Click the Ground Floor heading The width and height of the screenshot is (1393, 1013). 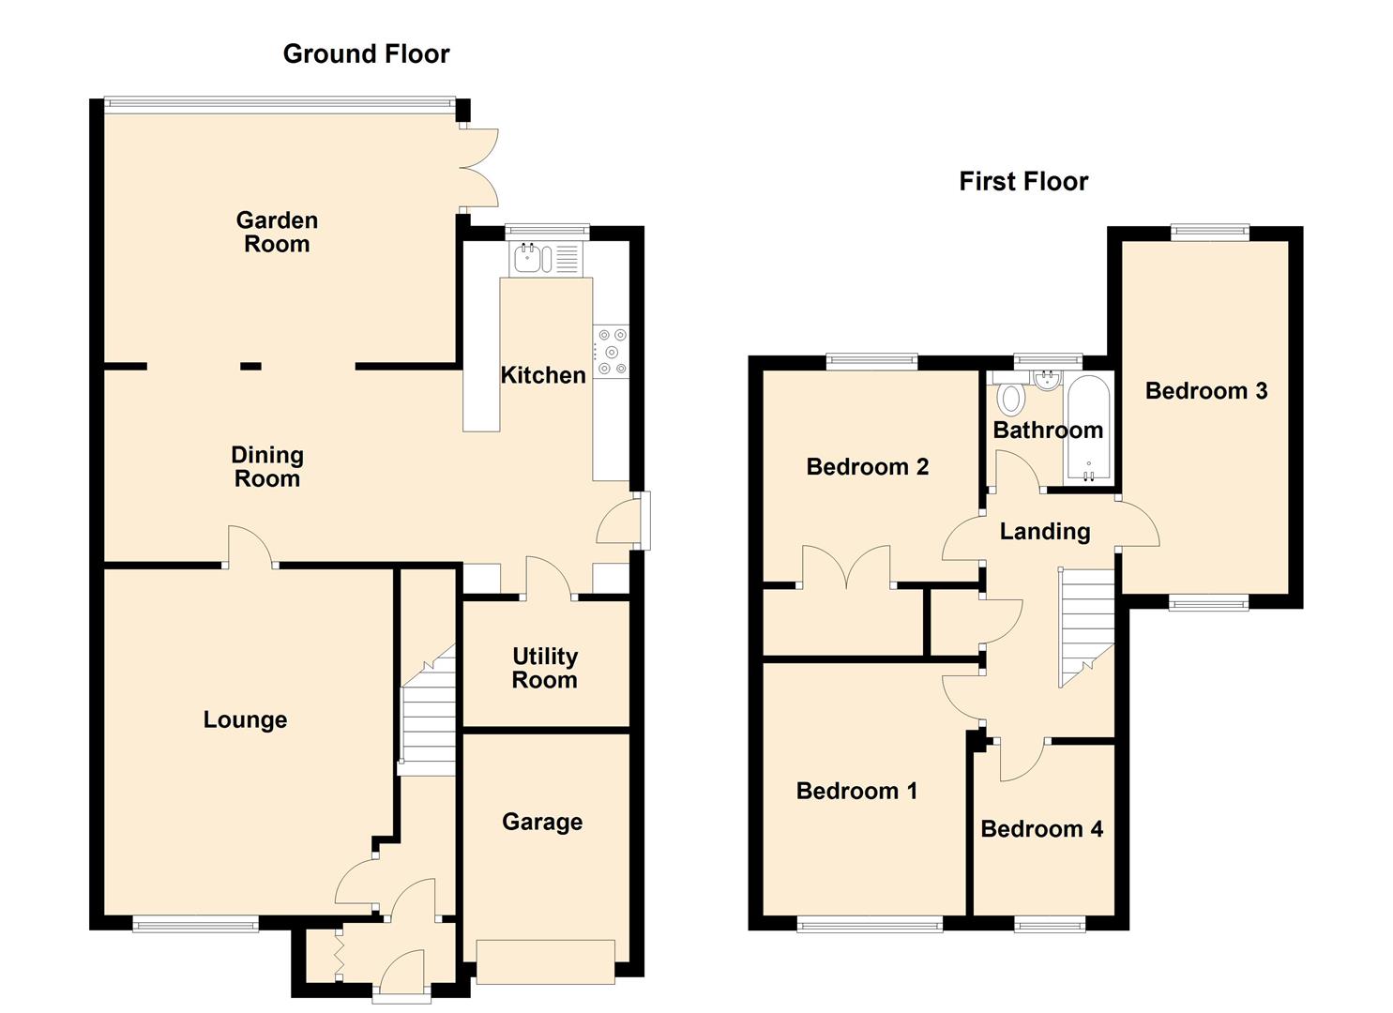(x=366, y=54)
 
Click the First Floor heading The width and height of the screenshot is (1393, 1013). (x=1023, y=182)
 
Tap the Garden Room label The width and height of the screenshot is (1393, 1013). (x=277, y=232)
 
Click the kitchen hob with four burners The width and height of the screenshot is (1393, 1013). (x=611, y=352)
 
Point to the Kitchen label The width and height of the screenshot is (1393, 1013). (x=543, y=375)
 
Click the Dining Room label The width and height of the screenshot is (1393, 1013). (x=267, y=466)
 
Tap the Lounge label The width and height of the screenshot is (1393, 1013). (x=245, y=719)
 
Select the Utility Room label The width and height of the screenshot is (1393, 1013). (x=545, y=668)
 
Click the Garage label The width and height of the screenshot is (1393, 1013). (x=542, y=822)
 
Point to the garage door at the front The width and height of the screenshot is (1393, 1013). (x=545, y=961)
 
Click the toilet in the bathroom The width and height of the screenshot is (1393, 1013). (x=1011, y=399)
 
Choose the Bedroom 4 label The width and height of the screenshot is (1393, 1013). (x=1041, y=829)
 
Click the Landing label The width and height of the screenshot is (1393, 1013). (x=1045, y=532)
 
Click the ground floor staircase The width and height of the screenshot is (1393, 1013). (x=428, y=710)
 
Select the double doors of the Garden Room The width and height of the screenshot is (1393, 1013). (x=480, y=167)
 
